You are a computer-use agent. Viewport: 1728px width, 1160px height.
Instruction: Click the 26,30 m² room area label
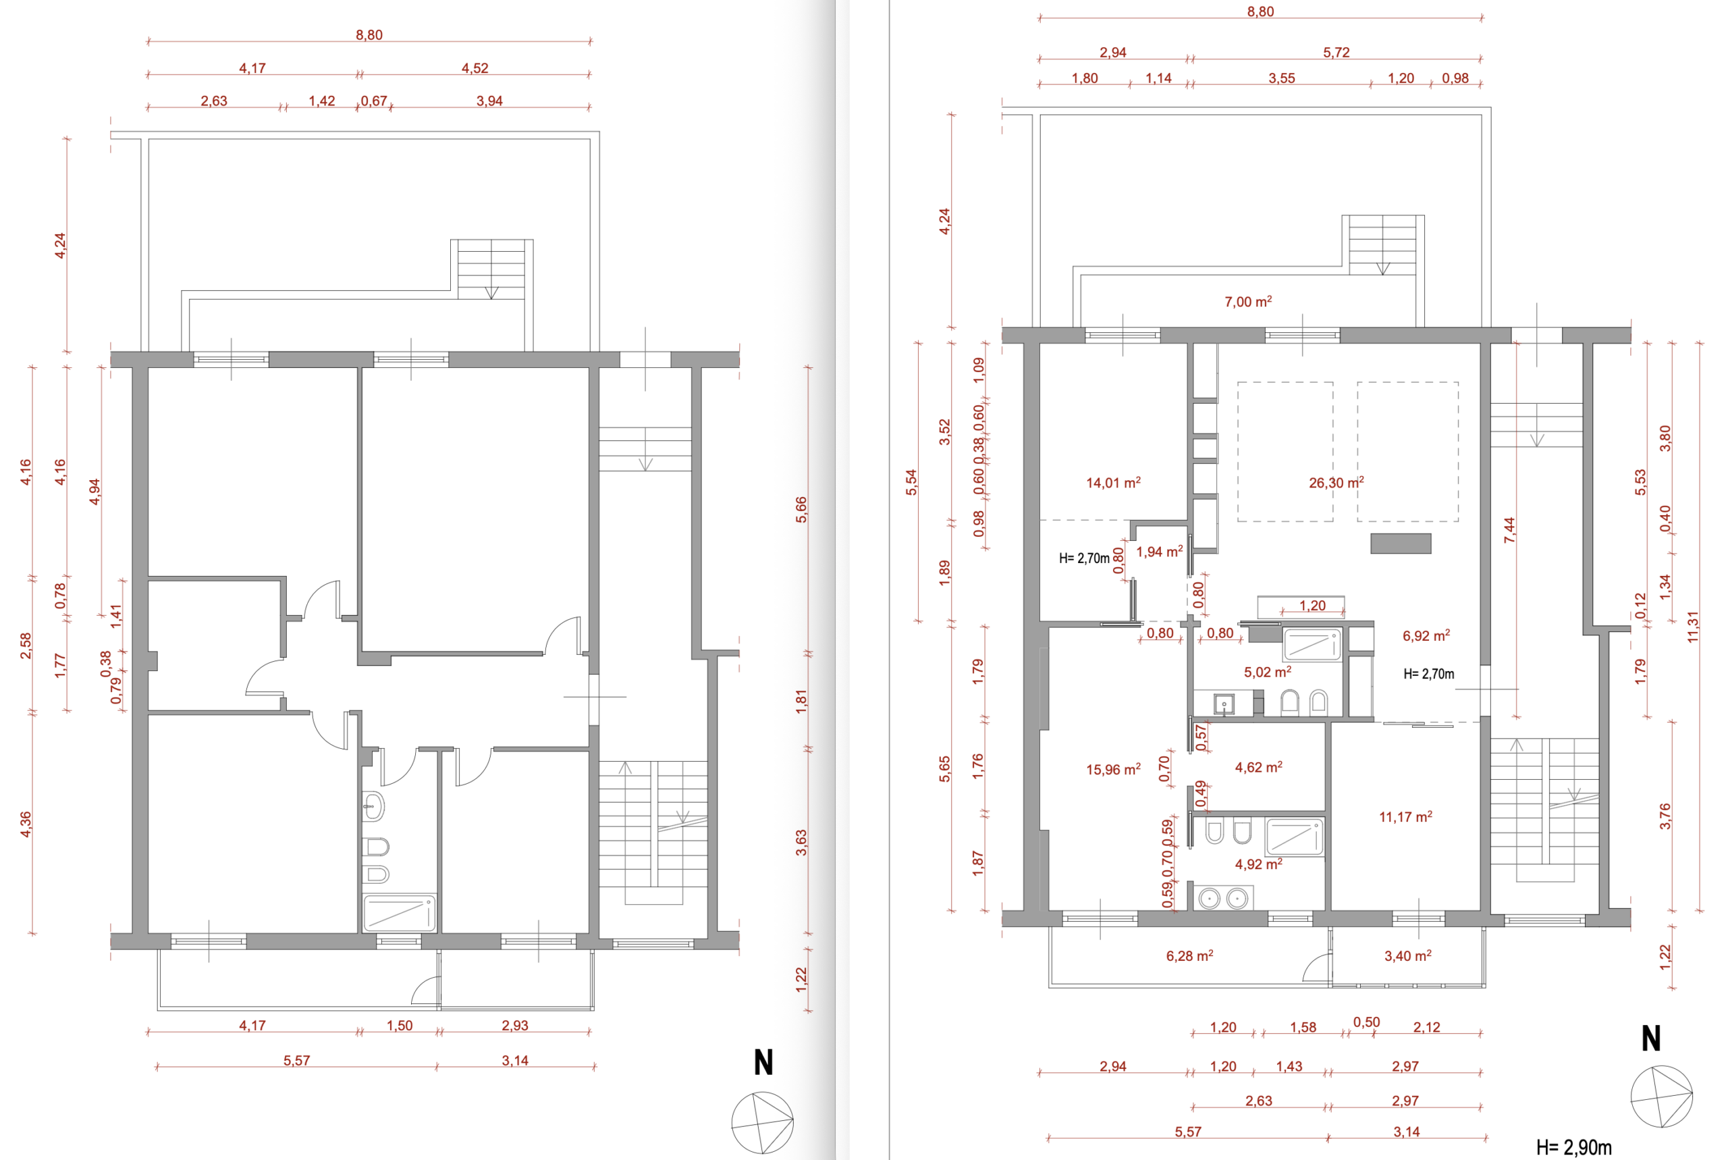tap(1336, 482)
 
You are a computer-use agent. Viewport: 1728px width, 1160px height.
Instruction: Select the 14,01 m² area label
tap(1113, 483)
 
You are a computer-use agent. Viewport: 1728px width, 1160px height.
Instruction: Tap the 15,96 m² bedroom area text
tap(1113, 769)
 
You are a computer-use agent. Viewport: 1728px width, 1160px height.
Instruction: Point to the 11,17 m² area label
tap(1405, 817)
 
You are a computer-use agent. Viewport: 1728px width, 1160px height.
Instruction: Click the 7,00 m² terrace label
tap(1248, 302)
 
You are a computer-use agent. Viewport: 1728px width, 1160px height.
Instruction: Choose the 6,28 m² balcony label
tap(1189, 956)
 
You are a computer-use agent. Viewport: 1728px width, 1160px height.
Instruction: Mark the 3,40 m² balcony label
tap(1408, 956)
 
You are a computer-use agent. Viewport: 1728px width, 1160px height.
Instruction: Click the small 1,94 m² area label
tap(1160, 552)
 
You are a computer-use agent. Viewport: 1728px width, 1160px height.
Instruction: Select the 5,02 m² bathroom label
tap(1268, 672)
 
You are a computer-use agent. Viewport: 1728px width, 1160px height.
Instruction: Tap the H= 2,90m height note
tap(1573, 1147)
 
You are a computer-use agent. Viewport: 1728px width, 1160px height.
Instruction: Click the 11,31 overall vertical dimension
tap(1694, 627)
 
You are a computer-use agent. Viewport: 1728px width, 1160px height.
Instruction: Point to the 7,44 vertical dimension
tap(1509, 529)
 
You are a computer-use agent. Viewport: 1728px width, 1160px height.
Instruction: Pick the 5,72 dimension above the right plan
tap(1336, 53)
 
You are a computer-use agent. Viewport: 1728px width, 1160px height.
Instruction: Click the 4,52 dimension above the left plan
tap(475, 68)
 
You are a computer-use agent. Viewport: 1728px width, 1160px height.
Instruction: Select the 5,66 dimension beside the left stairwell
tap(801, 510)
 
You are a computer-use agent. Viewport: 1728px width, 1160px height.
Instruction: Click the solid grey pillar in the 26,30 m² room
tap(1401, 543)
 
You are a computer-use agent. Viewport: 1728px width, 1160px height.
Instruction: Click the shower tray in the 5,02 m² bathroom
tap(1312, 644)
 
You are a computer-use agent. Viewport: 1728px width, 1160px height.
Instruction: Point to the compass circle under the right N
tap(1661, 1097)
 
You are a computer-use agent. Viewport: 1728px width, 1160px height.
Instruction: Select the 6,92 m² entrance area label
tap(1426, 635)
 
